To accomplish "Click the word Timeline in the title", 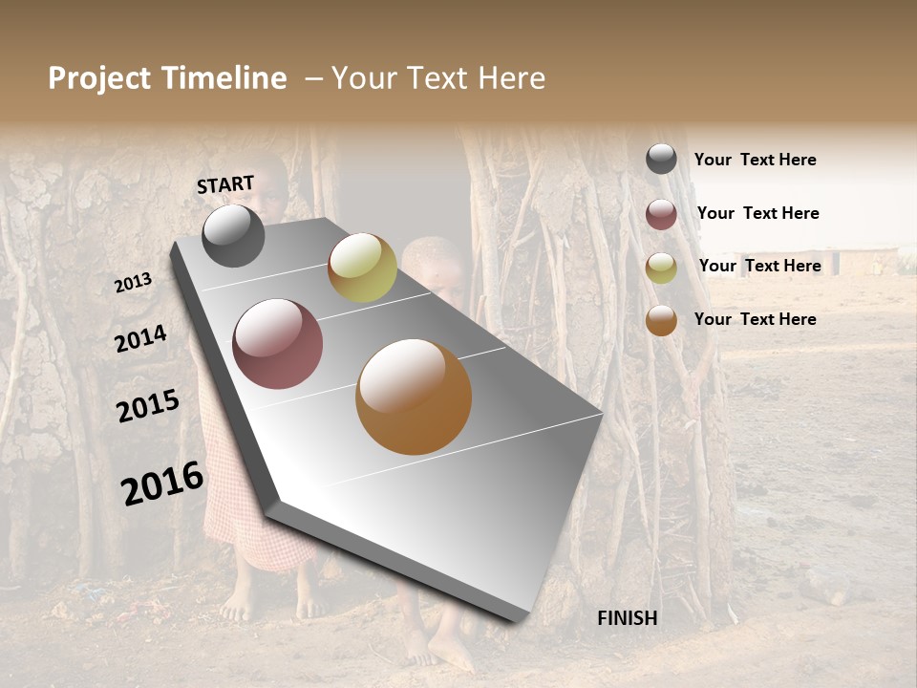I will tap(224, 78).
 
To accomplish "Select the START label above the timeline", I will tap(225, 184).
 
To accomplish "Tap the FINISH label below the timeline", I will tap(627, 618).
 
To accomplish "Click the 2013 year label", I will tap(134, 282).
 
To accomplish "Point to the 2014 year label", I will tap(140, 338).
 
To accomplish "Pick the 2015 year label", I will tap(148, 406).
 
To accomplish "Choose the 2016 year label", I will tap(162, 484).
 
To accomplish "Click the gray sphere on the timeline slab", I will tap(233, 236).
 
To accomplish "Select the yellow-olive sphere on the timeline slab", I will tap(362, 268).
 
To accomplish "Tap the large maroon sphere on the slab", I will tap(278, 344).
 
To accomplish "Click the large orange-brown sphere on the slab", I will tap(414, 397).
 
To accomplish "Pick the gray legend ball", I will tap(661, 159).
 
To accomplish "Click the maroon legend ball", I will tap(661, 214).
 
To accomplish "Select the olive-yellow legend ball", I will tap(661, 268).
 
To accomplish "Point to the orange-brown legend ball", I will tap(661, 320).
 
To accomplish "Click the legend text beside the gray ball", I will tap(756, 160).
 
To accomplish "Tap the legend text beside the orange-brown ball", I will tap(756, 319).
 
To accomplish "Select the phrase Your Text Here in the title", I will tap(438, 78).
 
